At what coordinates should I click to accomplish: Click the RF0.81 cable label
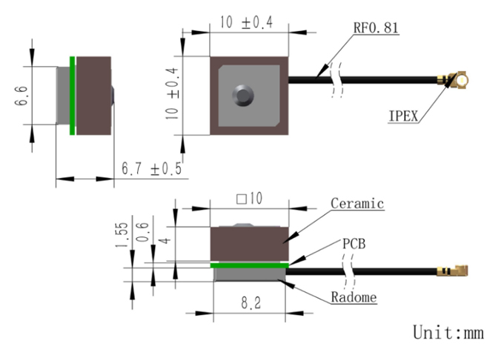pos(376,27)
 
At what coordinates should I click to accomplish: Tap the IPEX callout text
pos(403,116)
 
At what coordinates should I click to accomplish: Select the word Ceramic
pos(357,204)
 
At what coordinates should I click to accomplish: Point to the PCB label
pos(354,244)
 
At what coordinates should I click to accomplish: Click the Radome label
pos(354,297)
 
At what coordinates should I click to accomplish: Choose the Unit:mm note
pos(448,332)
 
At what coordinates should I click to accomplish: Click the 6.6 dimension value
pos(21,96)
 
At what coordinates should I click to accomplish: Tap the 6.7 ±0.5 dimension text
pos(151,168)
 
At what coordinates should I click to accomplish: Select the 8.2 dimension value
pos(251,303)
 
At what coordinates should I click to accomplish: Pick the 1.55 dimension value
pos(122,235)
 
